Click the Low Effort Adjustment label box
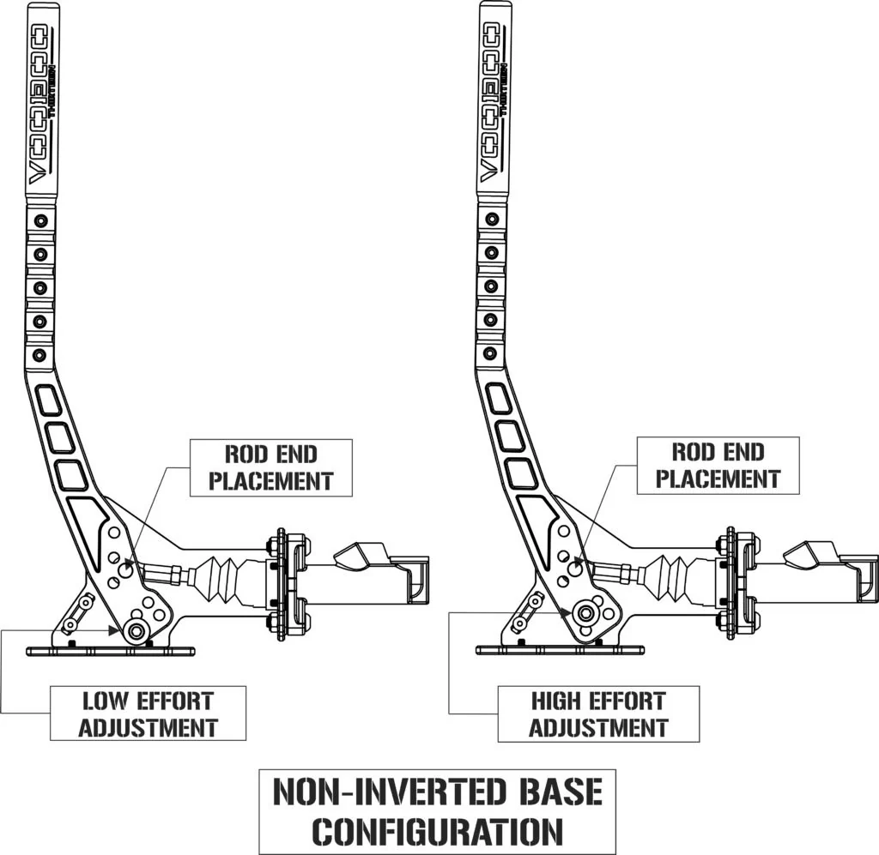(x=148, y=714)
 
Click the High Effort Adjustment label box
(x=598, y=714)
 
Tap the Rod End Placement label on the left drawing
(x=270, y=467)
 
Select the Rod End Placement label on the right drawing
(x=718, y=466)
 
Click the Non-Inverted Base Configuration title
(x=438, y=810)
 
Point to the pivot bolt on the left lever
(x=135, y=631)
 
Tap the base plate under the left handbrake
(x=111, y=651)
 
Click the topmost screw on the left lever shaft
(x=39, y=221)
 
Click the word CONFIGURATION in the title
(x=438, y=830)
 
